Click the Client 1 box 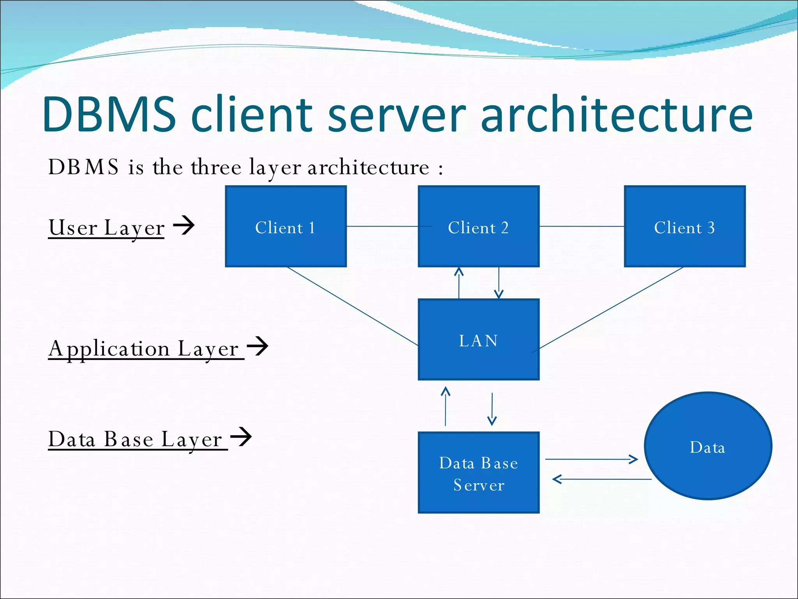click(286, 227)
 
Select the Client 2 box click(478, 227)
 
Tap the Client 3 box click(685, 227)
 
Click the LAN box click(478, 340)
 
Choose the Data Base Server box click(478, 473)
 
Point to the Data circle click(708, 446)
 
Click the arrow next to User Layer click(184, 225)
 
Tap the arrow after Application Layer click(258, 346)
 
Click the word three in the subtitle click(216, 167)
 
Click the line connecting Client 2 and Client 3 click(581, 226)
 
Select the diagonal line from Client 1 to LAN click(353, 307)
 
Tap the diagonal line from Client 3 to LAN click(611, 308)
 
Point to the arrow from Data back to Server click(602, 479)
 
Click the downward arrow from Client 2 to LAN click(499, 283)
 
